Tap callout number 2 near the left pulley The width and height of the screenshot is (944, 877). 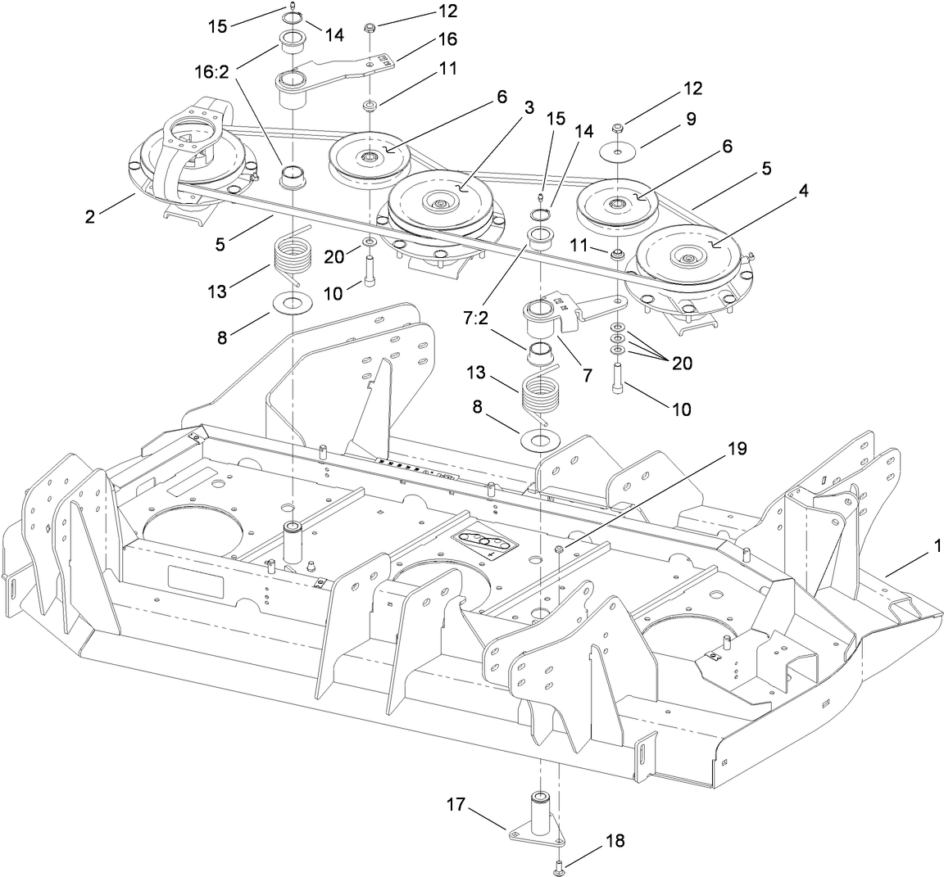(x=90, y=216)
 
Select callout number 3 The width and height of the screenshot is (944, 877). (x=529, y=107)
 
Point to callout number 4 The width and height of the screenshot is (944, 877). (x=803, y=190)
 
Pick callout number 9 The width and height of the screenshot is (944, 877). (x=691, y=118)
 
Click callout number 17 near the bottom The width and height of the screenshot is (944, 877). (x=456, y=806)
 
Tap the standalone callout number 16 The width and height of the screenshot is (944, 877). (x=447, y=38)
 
